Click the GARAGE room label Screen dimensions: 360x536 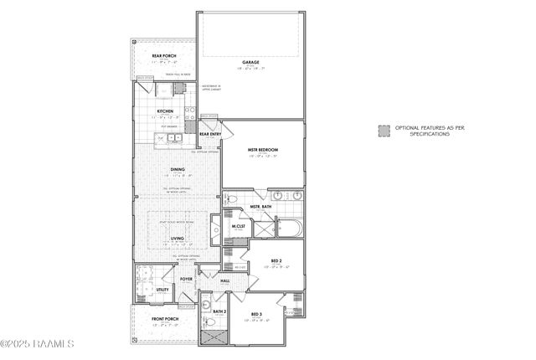(x=250, y=62)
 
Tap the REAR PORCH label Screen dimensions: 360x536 (x=163, y=56)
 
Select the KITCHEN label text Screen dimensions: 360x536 (x=165, y=111)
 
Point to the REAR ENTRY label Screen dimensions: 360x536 (x=209, y=133)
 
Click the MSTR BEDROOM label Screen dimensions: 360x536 (x=262, y=150)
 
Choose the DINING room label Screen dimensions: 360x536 (x=178, y=170)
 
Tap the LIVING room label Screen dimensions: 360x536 (x=178, y=239)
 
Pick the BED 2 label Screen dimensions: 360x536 (x=276, y=261)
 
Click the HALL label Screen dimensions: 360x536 (x=225, y=280)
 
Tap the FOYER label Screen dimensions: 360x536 (x=186, y=279)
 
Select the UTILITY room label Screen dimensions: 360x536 (x=162, y=290)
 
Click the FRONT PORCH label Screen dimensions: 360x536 (x=163, y=319)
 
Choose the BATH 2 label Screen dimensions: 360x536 (x=219, y=311)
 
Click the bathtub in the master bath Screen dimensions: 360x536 (x=287, y=227)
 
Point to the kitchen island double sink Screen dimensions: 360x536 (x=174, y=137)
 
